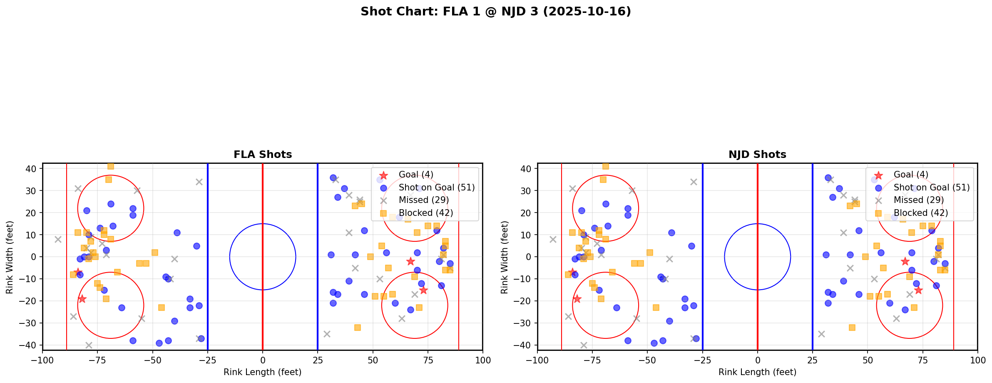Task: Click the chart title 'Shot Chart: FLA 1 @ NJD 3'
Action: pyautogui.click(x=495, y=12)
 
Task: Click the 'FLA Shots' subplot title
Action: pyautogui.click(x=263, y=155)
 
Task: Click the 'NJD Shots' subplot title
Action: pyautogui.click(x=757, y=155)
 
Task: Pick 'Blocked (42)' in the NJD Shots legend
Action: pyautogui.click(x=920, y=213)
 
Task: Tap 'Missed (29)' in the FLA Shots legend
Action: pyautogui.click(x=423, y=200)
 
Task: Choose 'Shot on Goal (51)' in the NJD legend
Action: pyautogui.click(x=931, y=188)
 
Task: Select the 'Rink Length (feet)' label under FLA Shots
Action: pyautogui.click(x=263, y=372)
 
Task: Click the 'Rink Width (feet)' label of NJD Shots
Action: pyautogui.click(x=505, y=257)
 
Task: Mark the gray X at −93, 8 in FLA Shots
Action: pyautogui.click(x=58, y=239)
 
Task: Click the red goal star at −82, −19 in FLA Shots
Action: pyautogui.click(x=82, y=299)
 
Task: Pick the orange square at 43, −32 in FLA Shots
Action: pyautogui.click(x=357, y=328)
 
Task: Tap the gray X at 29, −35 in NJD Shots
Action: pyautogui.click(x=821, y=334)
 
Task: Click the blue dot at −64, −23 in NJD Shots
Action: pyautogui.click(x=617, y=308)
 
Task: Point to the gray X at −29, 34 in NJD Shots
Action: pyautogui.click(x=694, y=182)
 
